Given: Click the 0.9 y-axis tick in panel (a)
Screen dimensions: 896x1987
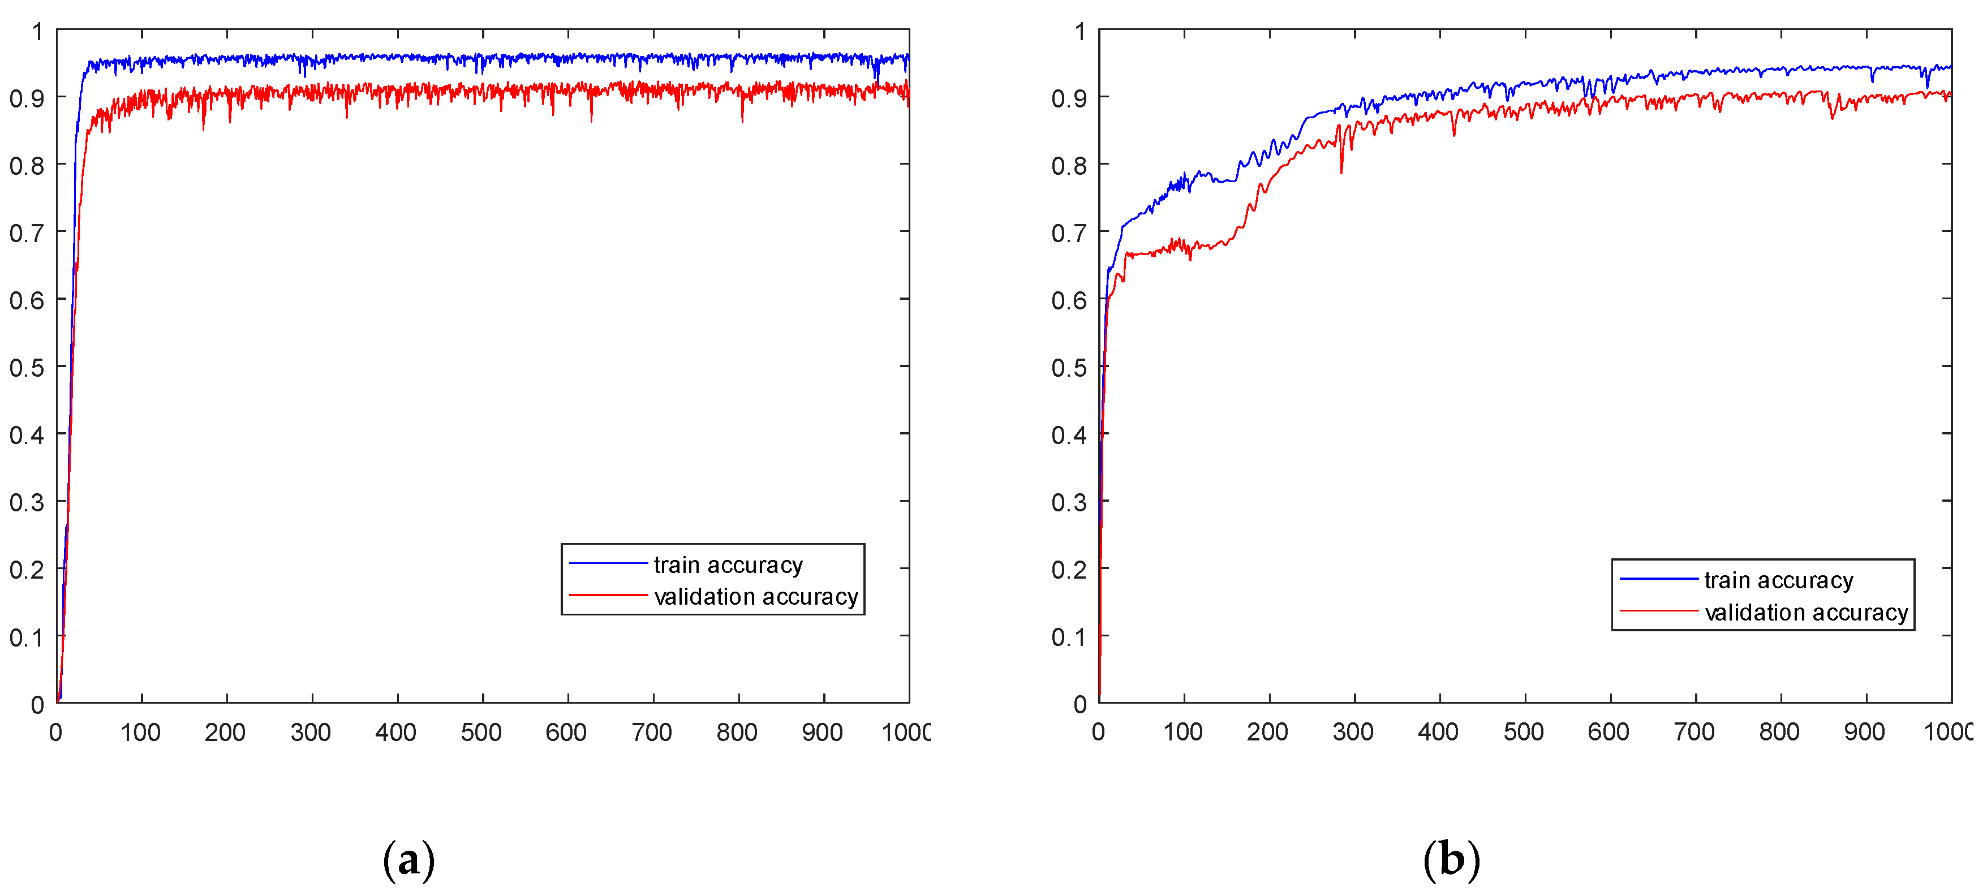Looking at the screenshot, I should [26, 98].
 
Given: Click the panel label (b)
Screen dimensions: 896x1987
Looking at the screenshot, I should [1451, 859].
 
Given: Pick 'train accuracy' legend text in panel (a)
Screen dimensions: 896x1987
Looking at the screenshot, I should [728, 565].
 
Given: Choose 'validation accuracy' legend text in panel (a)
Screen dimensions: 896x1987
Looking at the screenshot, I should [755, 596].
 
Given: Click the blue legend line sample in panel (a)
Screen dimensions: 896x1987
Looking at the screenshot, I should [608, 563].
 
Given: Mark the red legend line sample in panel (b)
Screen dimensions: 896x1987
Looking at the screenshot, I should [1658, 611].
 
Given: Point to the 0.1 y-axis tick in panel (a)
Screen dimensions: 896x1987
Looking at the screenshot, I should [26, 637].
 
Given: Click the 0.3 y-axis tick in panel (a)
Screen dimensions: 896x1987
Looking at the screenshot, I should [26, 502].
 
